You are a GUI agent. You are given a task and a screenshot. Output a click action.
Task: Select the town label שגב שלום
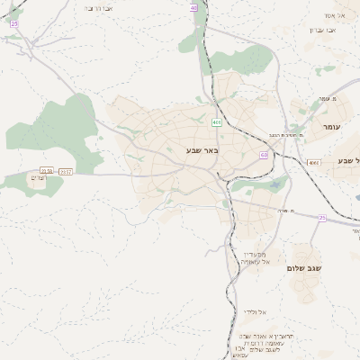coord(304,268)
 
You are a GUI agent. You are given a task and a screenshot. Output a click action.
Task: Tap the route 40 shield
coord(193,7)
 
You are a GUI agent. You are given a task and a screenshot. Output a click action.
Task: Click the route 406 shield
coord(217,121)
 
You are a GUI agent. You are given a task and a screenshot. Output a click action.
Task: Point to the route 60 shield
coord(264,155)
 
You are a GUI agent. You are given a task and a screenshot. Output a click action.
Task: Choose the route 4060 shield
coord(313,162)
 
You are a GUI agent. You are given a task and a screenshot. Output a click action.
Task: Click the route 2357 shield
coord(66,171)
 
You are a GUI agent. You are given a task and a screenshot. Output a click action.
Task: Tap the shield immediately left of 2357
coord(47,170)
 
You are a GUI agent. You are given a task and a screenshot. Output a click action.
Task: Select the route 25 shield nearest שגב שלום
coord(321,217)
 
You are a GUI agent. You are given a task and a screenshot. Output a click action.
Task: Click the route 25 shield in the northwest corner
coord(14,23)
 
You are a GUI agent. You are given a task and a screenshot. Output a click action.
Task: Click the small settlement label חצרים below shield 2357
coord(37,179)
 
